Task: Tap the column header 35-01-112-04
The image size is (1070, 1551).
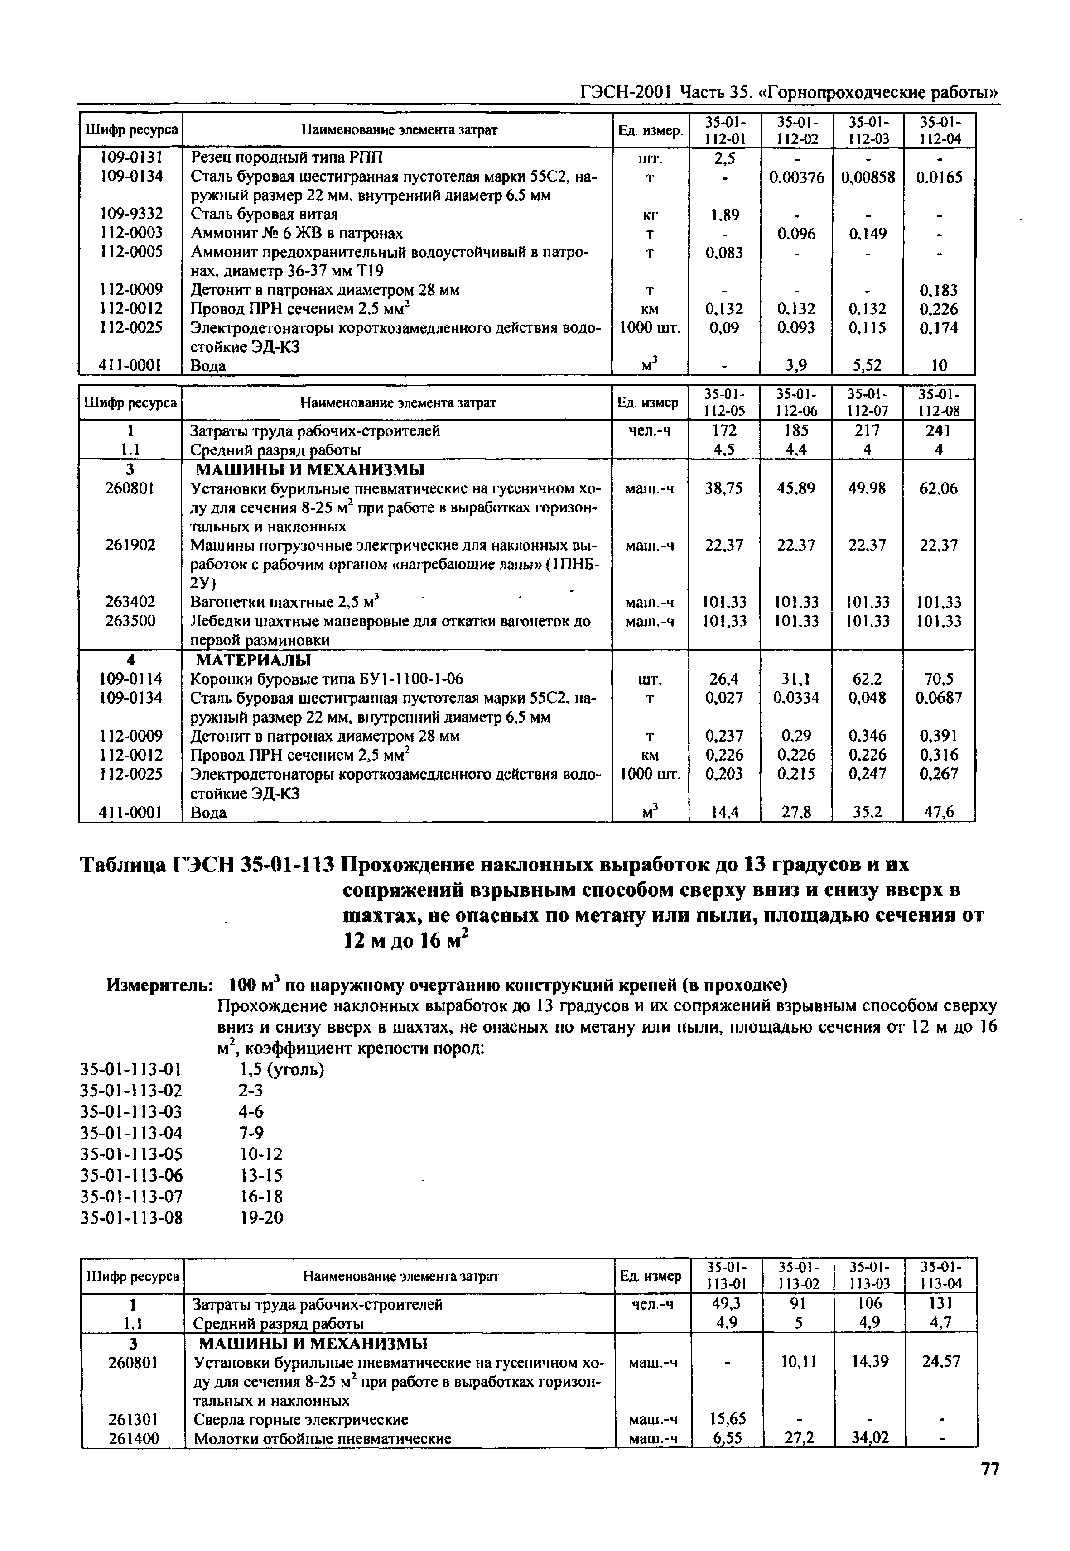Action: tap(939, 130)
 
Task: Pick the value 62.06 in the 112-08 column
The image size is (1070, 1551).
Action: tap(939, 489)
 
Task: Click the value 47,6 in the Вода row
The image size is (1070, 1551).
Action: tap(939, 813)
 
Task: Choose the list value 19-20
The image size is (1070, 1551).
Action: tap(261, 1217)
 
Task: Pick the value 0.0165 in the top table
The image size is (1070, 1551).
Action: tap(939, 177)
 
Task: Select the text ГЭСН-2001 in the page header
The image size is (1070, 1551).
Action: tap(626, 92)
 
